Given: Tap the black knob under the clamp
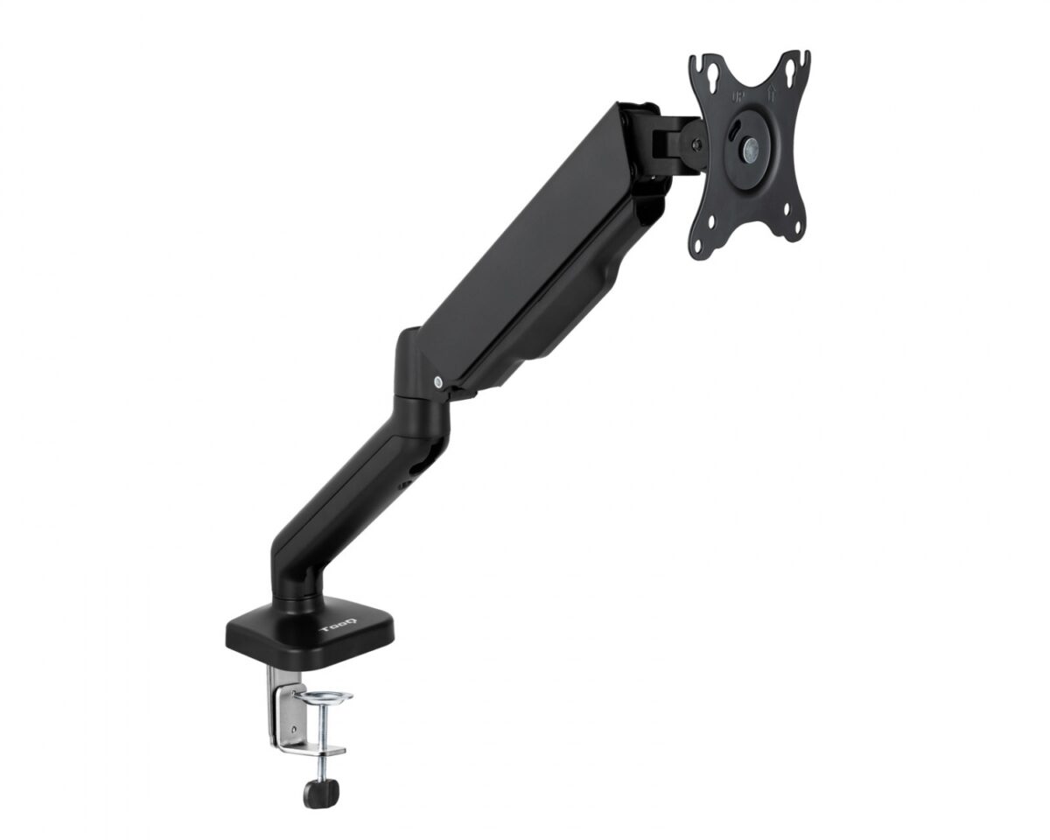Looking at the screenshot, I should point(320,792).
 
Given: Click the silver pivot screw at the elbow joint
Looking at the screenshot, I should point(437,381).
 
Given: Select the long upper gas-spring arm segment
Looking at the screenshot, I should point(534,245).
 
